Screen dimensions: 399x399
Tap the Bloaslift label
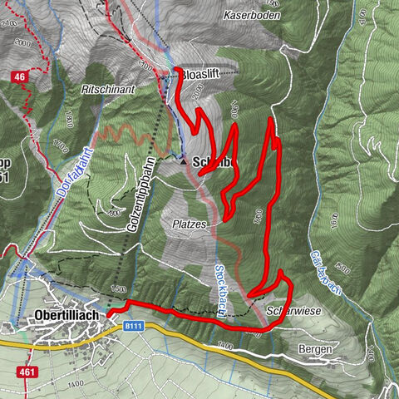coord(206,75)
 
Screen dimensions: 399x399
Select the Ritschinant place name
coord(109,86)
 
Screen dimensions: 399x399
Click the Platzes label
coord(190,224)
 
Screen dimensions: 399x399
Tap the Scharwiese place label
coord(288,312)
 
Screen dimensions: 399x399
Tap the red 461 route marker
coord(27,372)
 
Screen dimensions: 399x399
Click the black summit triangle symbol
coord(183,164)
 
